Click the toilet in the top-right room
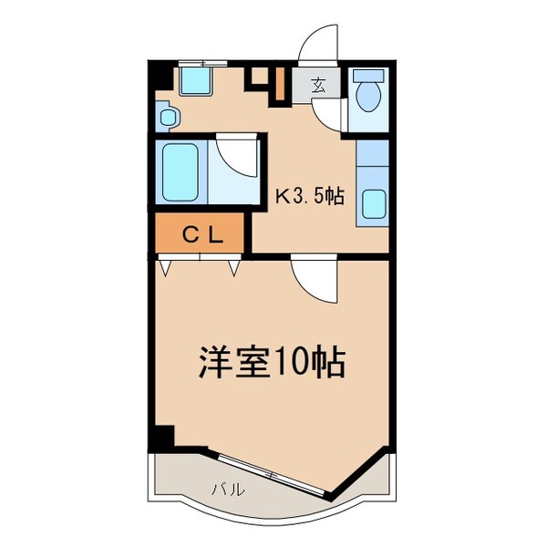(x=369, y=97)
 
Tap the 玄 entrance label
(x=319, y=86)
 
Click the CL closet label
(x=200, y=235)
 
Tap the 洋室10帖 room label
(x=271, y=364)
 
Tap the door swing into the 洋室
(x=315, y=281)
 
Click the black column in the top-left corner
(x=157, y=78)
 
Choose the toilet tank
(x=369, y=75)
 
